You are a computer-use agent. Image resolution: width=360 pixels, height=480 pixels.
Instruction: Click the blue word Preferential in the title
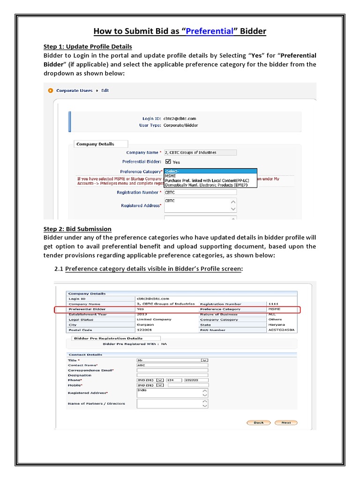pos(210,31)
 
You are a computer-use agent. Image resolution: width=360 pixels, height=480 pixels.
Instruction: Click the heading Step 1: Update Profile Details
pos(88,46)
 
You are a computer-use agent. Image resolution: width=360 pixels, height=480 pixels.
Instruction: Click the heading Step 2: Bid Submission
pos(77,229)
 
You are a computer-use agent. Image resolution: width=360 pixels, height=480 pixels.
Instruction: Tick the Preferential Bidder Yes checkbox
pos(168,162)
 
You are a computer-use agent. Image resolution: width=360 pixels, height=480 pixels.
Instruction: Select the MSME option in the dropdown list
pos(172,176)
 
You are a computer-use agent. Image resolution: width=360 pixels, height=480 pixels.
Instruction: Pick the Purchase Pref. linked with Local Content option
pos(207,180)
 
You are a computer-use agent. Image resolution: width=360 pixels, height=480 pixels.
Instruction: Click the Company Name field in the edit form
pos(200,152)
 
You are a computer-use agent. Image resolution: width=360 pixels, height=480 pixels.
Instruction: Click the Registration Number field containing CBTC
pos(200,192)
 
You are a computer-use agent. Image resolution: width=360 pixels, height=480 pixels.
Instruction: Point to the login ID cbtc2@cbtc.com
pos(180,119)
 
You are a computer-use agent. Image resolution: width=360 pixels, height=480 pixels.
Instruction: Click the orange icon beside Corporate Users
pos(50,90)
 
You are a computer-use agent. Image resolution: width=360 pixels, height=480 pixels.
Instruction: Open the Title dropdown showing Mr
pos(172,360)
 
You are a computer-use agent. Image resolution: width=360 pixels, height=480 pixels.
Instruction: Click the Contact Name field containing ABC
pos(172,365)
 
